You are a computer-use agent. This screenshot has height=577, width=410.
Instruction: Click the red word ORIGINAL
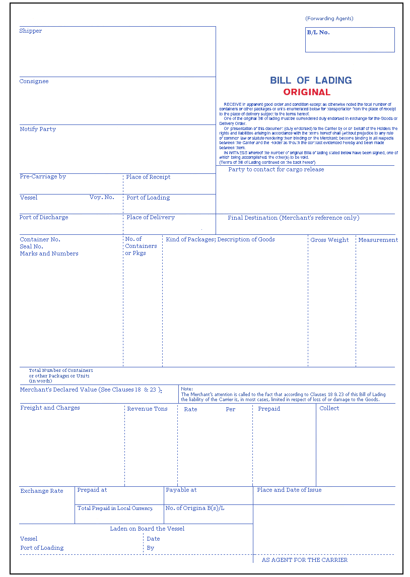pyautogui.click(x=307, y=92)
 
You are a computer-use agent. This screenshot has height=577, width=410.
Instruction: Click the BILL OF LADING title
pyautogui.click(x=311, y=80)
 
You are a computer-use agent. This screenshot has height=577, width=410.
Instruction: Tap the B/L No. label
pyautogui.click(x=318, y=32)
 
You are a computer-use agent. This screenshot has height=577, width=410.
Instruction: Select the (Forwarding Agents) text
pyautogui.click(x=329, y=19)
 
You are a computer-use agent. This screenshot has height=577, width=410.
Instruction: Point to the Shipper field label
pyautogui.click(x=31, y=31)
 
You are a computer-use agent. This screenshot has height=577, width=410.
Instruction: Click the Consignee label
pyautogui.click(x=34, y=82)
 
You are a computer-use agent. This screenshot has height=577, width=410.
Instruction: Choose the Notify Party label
pyautogui.click(x=38, y=130)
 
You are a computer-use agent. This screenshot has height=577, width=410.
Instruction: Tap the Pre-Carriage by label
pyautogui.click(x=43, y=177)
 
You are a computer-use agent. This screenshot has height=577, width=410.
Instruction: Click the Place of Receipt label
pyautogui.click(x=148, y=177)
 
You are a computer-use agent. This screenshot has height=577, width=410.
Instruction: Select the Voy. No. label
pyautogui.click(x=102, y=198)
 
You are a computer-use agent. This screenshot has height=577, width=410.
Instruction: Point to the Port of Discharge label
pyautogui.click(x=44, y=218)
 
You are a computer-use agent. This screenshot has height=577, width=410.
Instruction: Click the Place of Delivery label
pyautogui.click(x=151, y=218)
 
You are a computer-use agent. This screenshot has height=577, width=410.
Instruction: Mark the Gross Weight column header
pyautogui.click(x=329, y=240)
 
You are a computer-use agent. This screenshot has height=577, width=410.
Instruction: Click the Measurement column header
pyautogui.click(x=378, y=240)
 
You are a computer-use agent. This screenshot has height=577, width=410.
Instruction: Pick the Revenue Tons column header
pyautogui.click(x=147, y=409)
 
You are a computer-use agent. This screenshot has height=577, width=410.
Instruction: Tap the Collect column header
pyautogui.click(x=329, y=409)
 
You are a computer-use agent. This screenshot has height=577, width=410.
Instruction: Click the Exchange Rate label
pyautogui.click(x=42, y=491)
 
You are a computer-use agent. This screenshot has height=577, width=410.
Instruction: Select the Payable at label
pyautogui.click(x=181, y=490)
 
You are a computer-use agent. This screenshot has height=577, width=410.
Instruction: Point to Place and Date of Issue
pyautogui.click(x=289, y=490)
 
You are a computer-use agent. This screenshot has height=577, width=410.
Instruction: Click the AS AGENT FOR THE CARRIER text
pyautogui.click(x=305, y=560)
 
